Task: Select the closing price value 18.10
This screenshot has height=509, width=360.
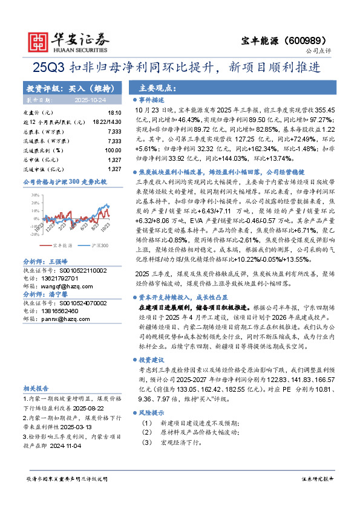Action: click(114, 113)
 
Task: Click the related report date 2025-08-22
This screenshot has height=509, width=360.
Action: click(90, 409)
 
